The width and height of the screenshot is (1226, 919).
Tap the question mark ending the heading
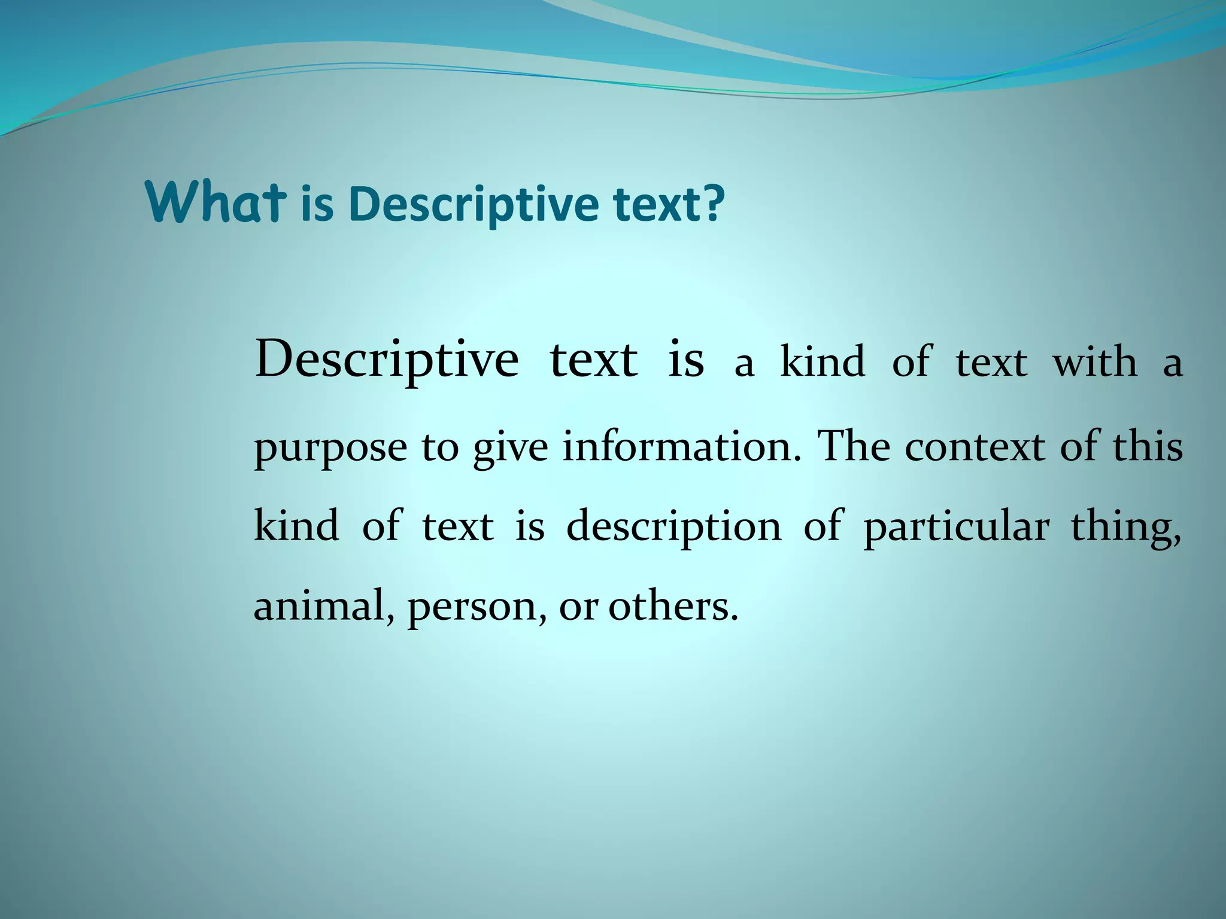point(712,203)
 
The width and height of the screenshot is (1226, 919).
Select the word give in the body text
point(510,448)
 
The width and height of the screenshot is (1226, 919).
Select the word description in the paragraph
point(673,527)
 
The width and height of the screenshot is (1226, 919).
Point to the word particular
point(956,527)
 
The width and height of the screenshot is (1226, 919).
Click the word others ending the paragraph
point(673,606)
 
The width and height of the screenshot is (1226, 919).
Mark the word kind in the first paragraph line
point(823,363)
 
